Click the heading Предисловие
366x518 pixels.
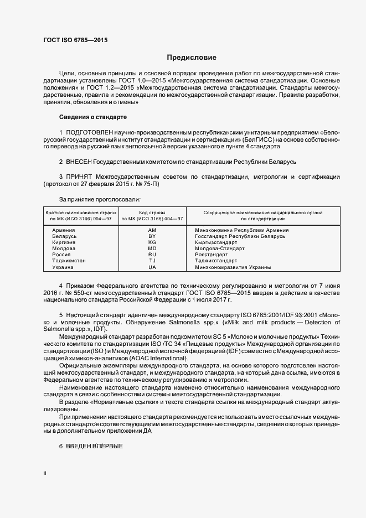(192, 58)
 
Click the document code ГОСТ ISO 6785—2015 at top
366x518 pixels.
(75, 40)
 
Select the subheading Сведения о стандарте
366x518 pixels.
(93, 117)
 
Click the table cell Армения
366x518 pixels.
(64, 230)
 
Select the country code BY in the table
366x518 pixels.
(152, 236)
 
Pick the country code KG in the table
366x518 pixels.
(152, 242)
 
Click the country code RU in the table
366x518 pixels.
(152, 255)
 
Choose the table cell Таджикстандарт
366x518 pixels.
(215, 261)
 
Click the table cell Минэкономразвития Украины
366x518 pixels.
(233, 267)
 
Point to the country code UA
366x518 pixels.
(152, 267)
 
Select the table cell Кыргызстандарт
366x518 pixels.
(215, 242)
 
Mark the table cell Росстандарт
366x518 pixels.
(210, 255)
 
